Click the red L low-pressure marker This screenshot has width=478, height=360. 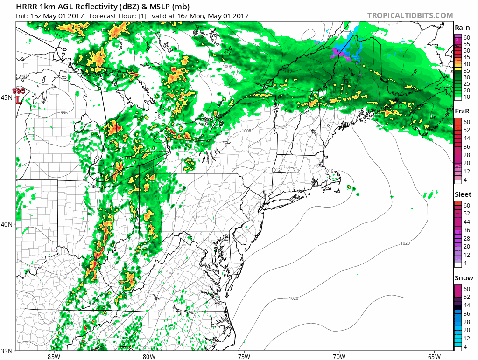pyautogui.click(x=19, y=99)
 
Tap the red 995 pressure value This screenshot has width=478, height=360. pyautogui.click(x=19, y=90)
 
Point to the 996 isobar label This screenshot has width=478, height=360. pyautogui.click(x=64, y=113)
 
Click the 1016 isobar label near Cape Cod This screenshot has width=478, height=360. pyautogui.click(x=329, y=171)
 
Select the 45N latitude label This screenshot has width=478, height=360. pyautogui.click(x=7, y=97)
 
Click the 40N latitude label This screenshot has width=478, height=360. pyautogui.click(x=7, y=224)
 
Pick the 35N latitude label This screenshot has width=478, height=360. pyautogui.click(x=7, y=351)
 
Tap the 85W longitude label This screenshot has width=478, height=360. pyautogui.click(x=54, y=356)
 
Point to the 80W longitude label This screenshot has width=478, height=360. pyautogui.click(x=148, y=356)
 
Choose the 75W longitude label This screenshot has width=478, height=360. pyautogui.click(x=244, y=356)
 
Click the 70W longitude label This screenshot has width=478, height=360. pyautogui.click(x=339, y=356)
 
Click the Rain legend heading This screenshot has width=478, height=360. pyautogui.click(x=462, y=28)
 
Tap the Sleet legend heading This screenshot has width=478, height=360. pyautogui.click(x=463, y=194)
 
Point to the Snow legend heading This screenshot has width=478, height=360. pyautogui.click(x=463, y=278)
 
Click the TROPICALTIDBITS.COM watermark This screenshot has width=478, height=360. pyautogui.click(x=410, y=15)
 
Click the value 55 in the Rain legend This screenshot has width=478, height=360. pyautogui.click(x=466, y=44)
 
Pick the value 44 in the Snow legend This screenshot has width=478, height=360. pyautogui.click(x=466, y=305)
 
